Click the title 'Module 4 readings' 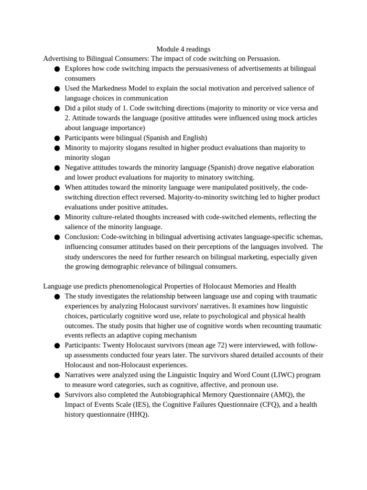coord(183,49)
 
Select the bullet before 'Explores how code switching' coord(57,69)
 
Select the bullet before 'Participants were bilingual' coord(57,138)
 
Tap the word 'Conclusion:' coord(82,237)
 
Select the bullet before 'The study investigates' coord(57,297)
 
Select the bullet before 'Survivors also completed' coord(57,395)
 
